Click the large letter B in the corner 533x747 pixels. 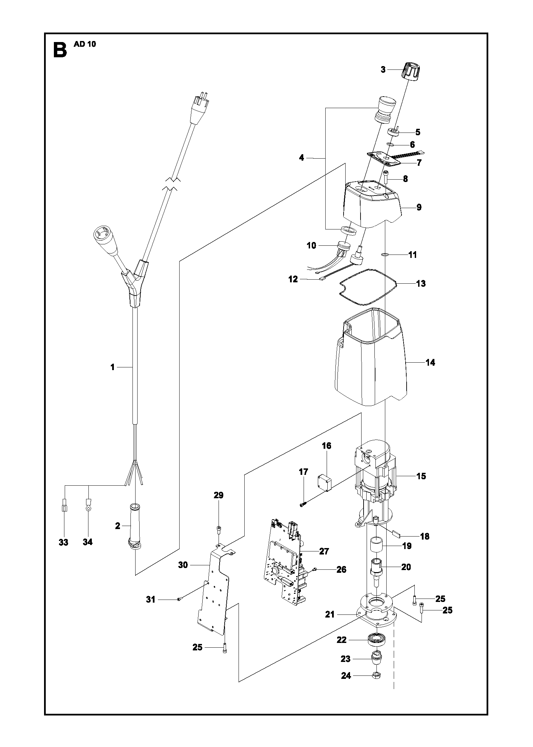click(60, 49)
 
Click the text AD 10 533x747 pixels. click(85, 44)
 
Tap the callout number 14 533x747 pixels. click(430, 363)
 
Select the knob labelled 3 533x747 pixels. click(412, 71)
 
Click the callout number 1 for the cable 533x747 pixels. click(112, 367)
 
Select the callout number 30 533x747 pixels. click(183, 565)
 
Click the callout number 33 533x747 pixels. click(63, 542)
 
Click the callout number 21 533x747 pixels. click(330, 614)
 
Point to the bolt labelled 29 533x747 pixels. click(219, 529)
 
